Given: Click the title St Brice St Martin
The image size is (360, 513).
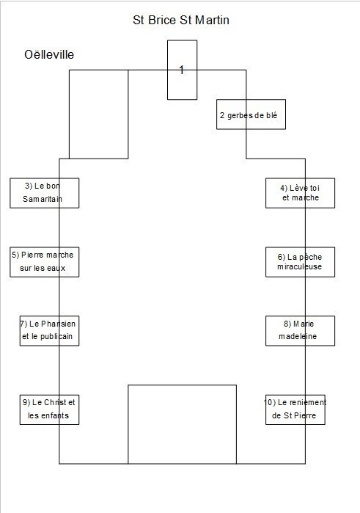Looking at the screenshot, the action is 181,20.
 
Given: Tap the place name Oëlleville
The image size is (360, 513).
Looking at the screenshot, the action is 49,54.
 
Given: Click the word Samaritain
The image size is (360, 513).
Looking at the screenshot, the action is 43,199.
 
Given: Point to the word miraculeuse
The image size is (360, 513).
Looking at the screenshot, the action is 299,266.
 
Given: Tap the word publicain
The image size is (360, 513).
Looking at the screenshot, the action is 56,336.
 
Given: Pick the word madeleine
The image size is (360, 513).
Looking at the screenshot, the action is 298,336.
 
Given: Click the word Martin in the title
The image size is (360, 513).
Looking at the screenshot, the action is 212,20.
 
